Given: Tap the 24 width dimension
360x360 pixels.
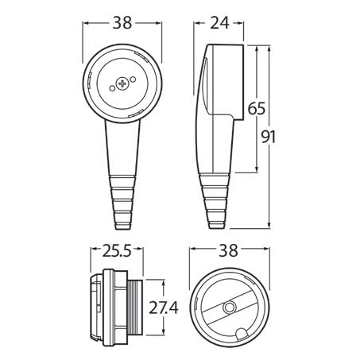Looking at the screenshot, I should [x=221, y=24].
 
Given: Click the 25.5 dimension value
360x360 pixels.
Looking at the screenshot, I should [x=116, y=253].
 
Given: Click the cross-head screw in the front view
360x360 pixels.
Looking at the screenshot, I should [x=122, y=83].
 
